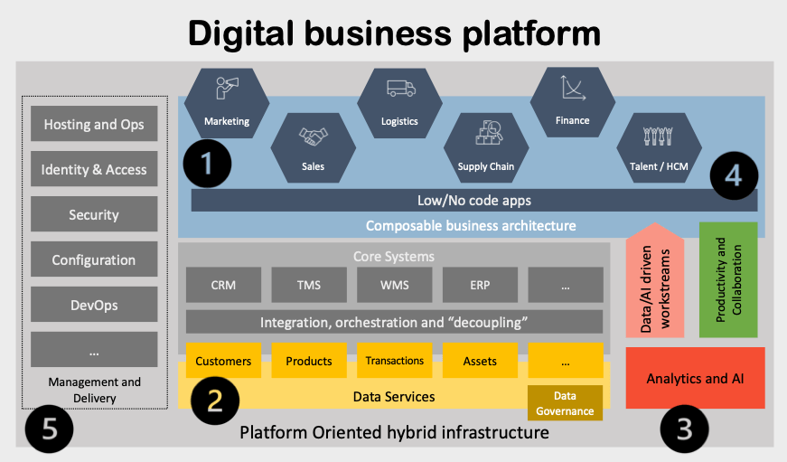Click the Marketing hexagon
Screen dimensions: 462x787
pos(226,105)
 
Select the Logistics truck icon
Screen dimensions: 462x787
pos(399,89)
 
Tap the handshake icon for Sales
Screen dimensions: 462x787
pos(314,137)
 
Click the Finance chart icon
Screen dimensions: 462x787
pos(572,88)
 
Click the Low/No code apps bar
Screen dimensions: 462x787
pos(473,200)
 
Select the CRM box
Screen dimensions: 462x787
pos(223,285)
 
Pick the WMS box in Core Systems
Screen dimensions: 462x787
pos(394,285)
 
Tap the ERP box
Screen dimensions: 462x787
pos(480,285)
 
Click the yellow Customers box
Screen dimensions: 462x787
pos(223,361)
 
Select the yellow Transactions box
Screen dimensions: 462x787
pos(394,361)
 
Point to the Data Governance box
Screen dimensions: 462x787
pos(565,403)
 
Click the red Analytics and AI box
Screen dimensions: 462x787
pos(695,378)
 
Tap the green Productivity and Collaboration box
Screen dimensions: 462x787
pos(727,276)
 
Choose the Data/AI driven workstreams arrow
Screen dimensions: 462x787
pos(657,285)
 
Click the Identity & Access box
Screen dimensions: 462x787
pos(94,169)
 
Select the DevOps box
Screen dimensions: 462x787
pos(94,305)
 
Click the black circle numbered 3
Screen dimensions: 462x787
pos(684,429)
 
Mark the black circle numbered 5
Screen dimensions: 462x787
pos(49,429)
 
